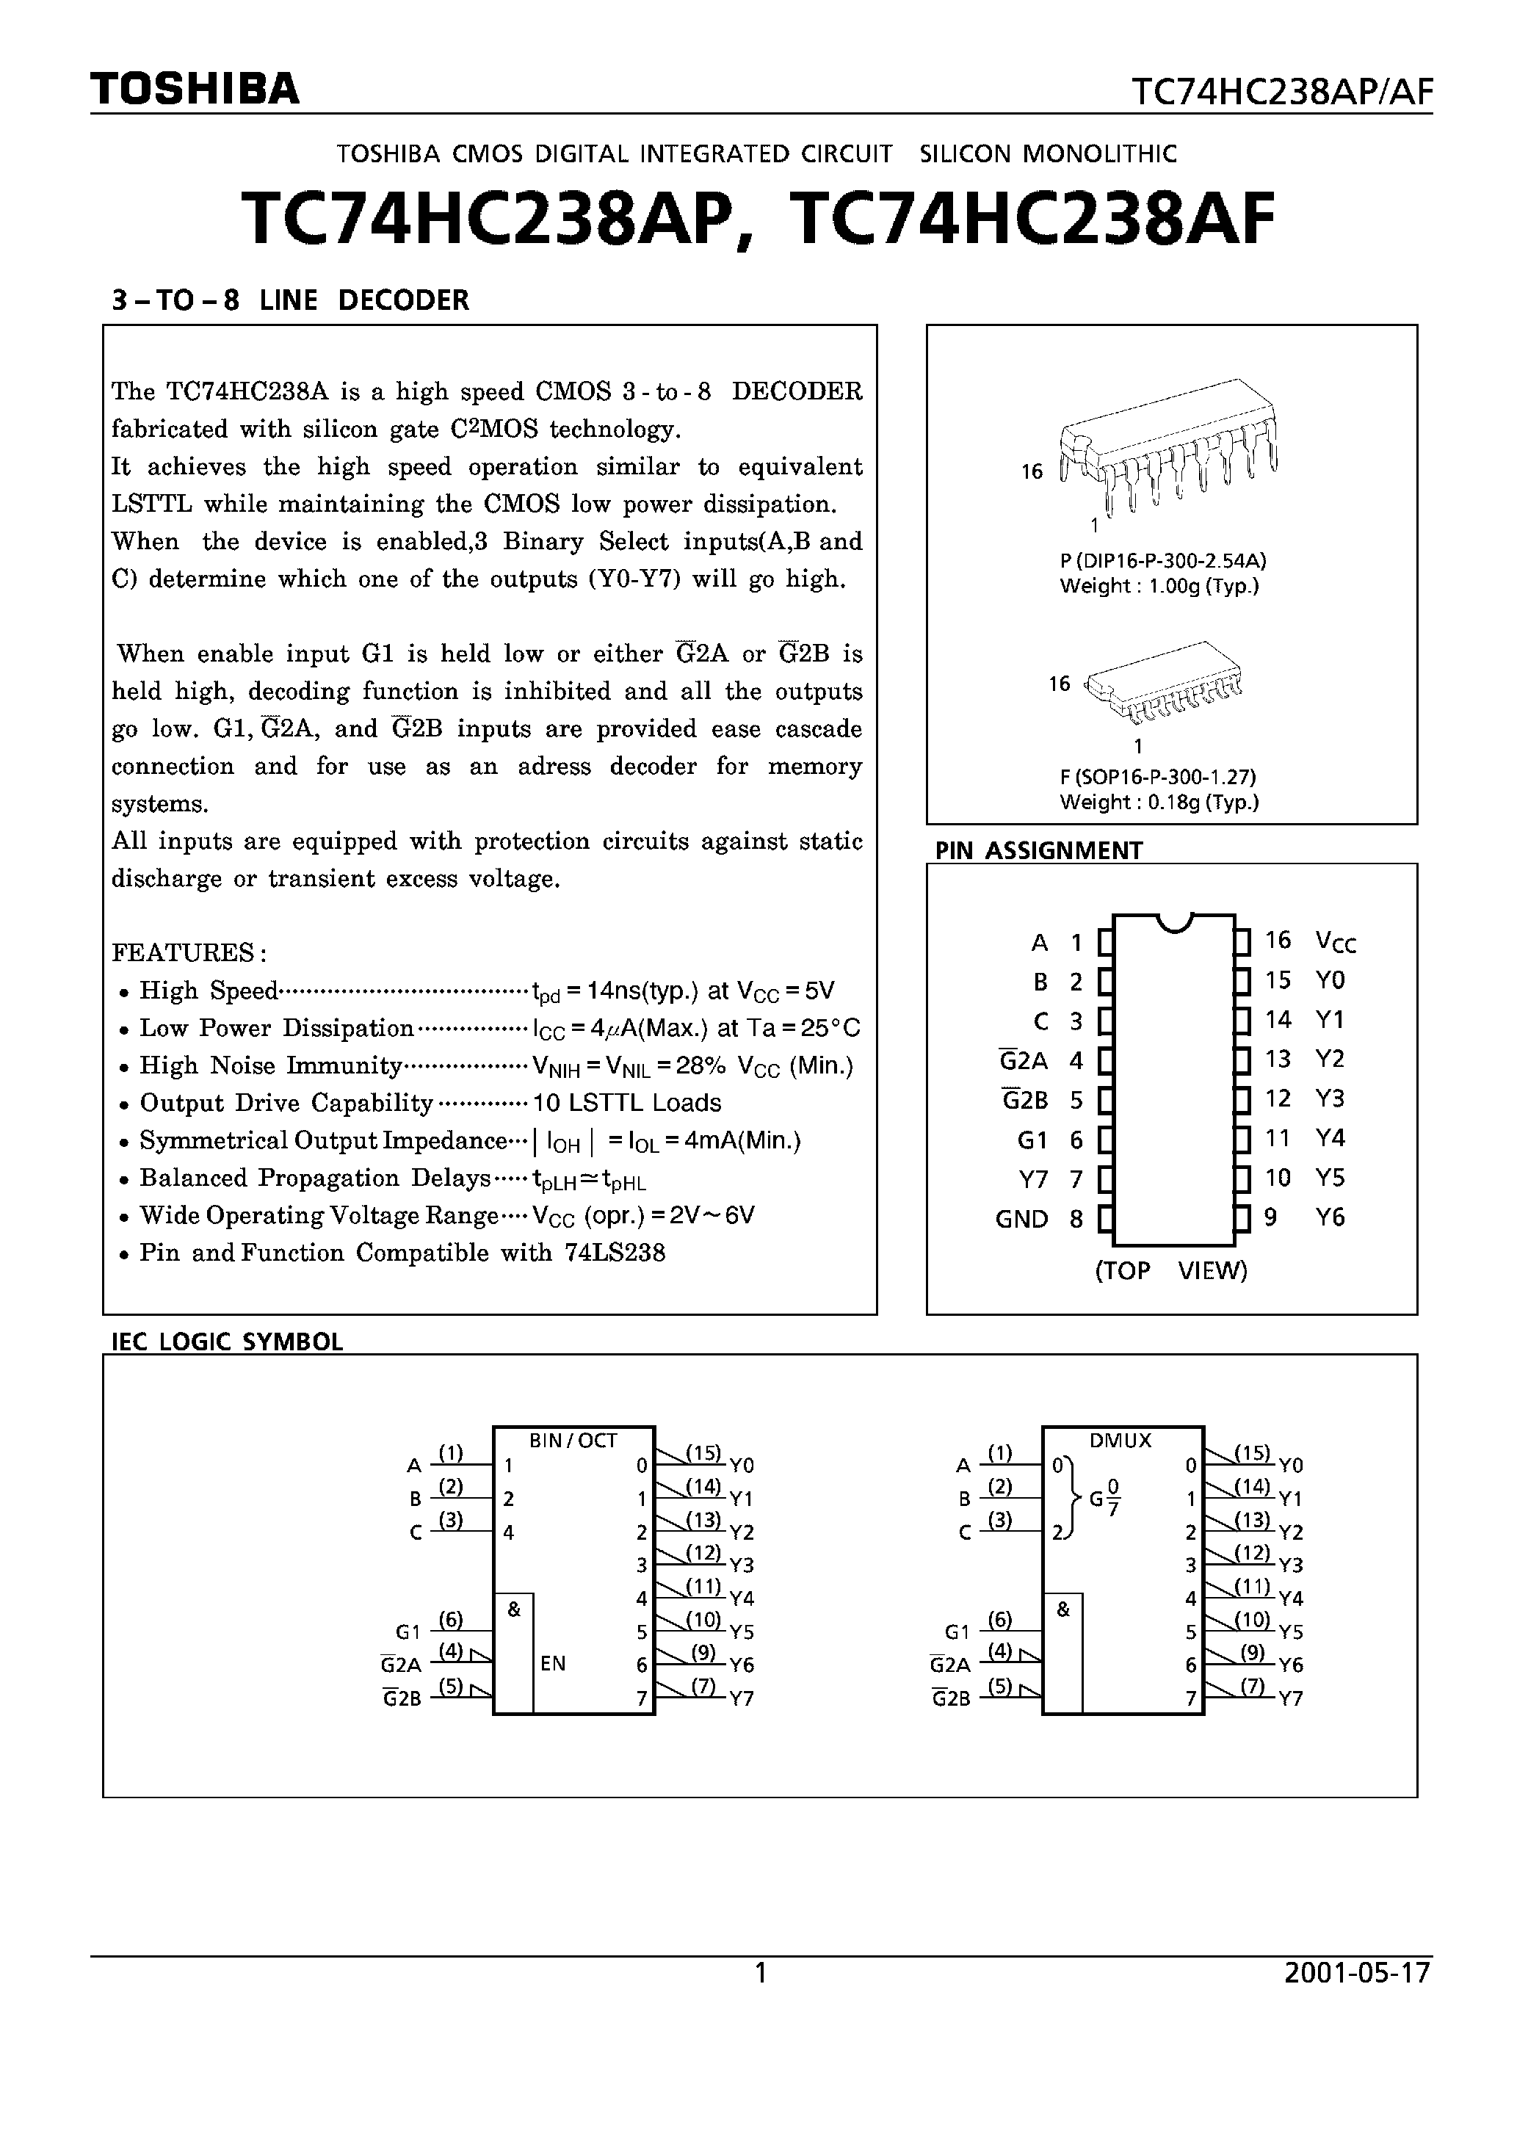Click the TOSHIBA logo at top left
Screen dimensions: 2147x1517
195,89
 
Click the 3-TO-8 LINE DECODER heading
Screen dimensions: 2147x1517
290,300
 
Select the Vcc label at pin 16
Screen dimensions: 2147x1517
1335,941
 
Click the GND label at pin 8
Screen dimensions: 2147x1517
1021,1220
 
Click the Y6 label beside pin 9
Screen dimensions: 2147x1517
1329,1217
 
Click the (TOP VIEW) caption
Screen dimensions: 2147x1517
1171,1271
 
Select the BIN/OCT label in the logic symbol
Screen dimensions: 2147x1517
573,1441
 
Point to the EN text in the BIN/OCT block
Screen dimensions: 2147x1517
553,1664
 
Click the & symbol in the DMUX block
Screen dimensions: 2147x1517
1062,1610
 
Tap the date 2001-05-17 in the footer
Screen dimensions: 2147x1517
1357,1973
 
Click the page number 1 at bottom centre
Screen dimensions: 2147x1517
761,1973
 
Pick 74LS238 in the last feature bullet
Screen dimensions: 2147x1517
615,1253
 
